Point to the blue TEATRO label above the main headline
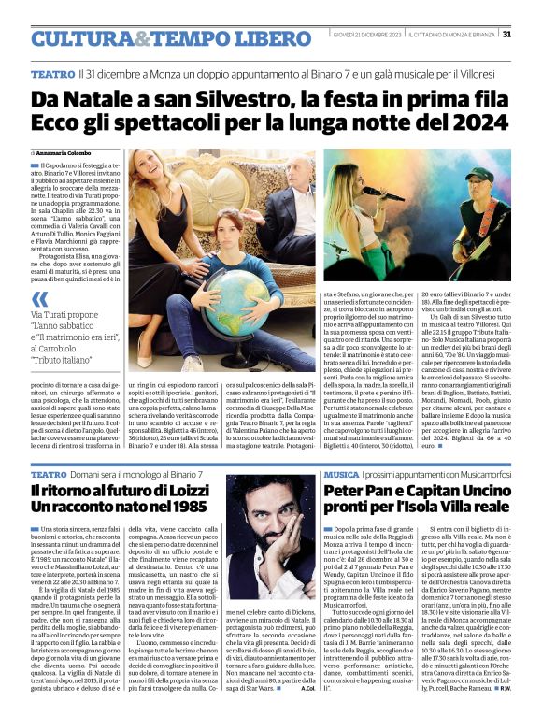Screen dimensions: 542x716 pyautogui.click(x=53, y=73)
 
